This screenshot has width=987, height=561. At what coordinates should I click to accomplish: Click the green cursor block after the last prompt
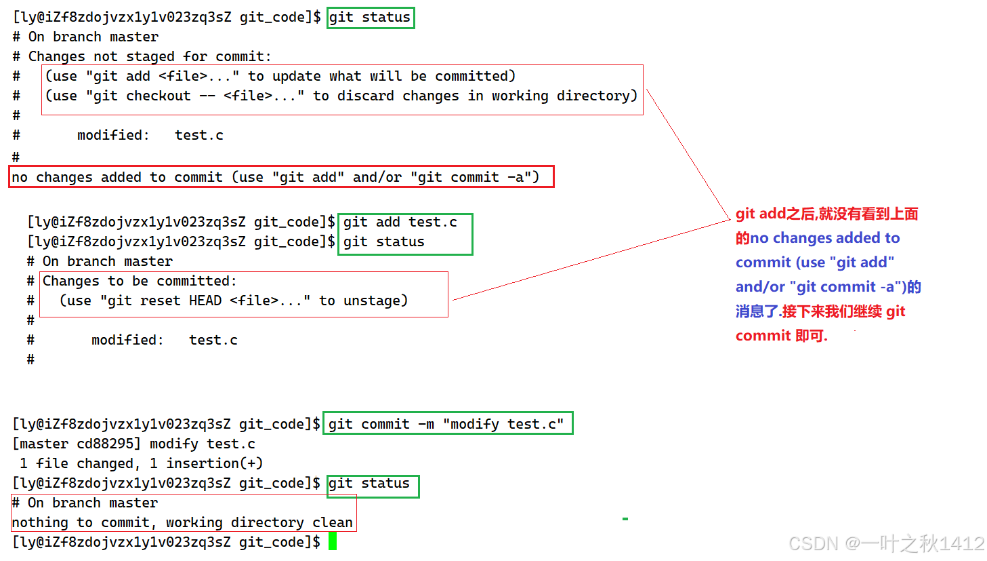[x=333, y=541]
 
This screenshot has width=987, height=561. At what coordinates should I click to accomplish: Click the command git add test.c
[x=400, y=222]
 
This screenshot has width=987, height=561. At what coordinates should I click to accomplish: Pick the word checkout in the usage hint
[x=159, y=96]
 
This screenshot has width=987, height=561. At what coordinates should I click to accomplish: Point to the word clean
[x=333, y=522]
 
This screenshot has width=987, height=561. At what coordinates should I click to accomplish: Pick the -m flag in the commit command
[x=426, y=424]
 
